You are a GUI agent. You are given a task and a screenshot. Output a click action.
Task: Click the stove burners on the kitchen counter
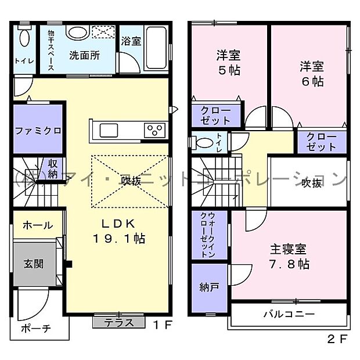tap(156, 129)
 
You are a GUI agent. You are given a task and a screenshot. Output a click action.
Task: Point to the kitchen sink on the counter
tap(108, 128)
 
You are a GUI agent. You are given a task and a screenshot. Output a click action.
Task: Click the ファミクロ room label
tap(38, 130)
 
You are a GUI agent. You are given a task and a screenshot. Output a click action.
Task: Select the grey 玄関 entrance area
tap(33, 264)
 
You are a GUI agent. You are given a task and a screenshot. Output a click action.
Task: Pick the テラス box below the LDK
tap(118, 322)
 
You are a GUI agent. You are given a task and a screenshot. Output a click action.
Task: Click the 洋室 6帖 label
tap(310, 74)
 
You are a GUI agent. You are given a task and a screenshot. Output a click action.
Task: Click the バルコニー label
tap(288, 314)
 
